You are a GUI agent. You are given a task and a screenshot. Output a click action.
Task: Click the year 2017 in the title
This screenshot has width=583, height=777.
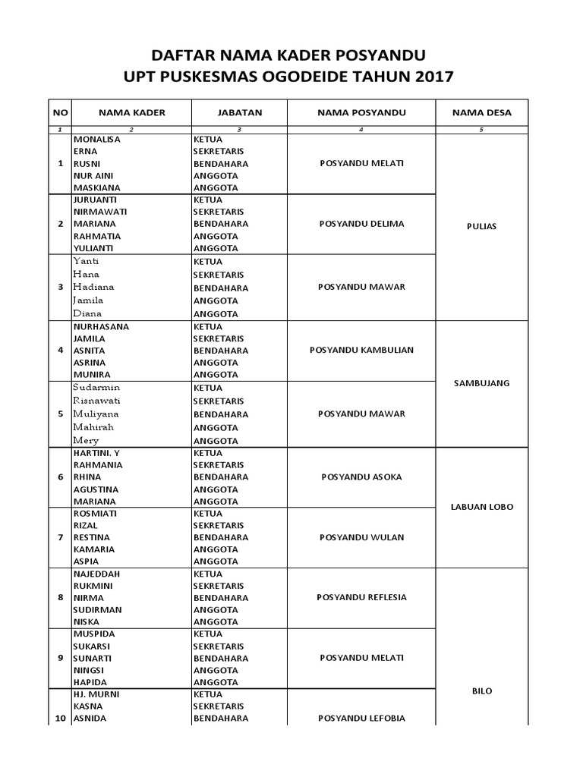point(433,76)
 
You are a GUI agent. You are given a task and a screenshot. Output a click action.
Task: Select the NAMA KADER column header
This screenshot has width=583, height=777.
point(131,112)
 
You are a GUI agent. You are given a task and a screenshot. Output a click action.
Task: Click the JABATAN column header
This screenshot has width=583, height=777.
point(240,112)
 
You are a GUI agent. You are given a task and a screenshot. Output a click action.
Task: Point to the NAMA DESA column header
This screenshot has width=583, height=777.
point(481,112)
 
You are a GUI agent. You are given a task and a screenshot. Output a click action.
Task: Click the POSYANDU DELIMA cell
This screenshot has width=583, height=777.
point(361,224)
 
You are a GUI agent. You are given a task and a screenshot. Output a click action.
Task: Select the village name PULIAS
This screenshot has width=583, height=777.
point(481,227)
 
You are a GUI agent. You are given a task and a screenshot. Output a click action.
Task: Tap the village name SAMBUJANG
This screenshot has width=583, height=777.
point(481,383)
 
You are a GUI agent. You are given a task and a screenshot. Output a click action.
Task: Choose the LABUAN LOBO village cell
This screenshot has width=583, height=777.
point(481,507)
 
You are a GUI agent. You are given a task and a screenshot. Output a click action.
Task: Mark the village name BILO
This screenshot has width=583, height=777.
point(481,690)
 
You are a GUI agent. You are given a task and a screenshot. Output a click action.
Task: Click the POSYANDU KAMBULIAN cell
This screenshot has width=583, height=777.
point(361,350)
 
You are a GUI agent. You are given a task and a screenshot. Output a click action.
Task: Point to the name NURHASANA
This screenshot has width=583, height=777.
point(101,326)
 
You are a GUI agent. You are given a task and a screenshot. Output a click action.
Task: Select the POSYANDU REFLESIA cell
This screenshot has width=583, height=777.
point(361,597)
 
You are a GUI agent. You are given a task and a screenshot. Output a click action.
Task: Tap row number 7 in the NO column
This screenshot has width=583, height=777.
point(61,537)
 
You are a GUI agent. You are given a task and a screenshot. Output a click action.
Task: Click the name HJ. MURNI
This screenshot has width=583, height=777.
point(96,694)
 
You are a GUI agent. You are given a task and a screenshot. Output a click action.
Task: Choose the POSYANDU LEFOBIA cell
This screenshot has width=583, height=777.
point(361,718)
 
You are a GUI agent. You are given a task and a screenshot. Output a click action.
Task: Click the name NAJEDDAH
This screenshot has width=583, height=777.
point(96,574)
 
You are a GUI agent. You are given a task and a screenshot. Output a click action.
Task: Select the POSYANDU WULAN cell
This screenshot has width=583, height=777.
point(361,537)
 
